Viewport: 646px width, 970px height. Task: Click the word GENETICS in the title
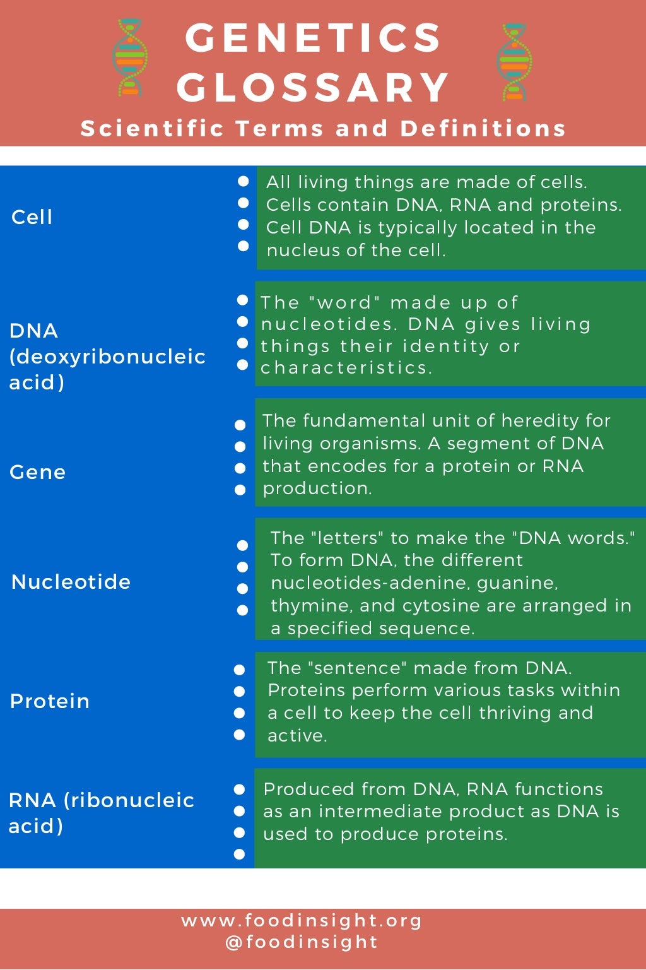click(313, 38)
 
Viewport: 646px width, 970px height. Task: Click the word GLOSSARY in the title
click(313, 87)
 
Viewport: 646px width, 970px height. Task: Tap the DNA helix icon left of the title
click(130, 58)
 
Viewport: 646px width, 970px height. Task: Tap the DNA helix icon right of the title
click(514, 62)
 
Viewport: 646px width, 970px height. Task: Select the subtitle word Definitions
click(483, 129)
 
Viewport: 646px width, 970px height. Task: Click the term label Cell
click(32, 217)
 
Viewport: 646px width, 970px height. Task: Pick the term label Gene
click(37, 472)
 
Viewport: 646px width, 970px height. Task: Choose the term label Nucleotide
click(71, 582)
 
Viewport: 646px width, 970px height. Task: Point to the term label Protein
click(50, 701)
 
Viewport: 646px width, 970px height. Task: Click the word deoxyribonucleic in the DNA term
click(107, 357)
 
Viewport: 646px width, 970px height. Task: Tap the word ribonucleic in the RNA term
click(129, 800)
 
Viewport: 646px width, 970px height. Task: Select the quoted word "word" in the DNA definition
click(345, 303)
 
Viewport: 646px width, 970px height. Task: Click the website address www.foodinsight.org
click(302, 921)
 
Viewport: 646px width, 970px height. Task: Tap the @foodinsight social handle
click(302, 942)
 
